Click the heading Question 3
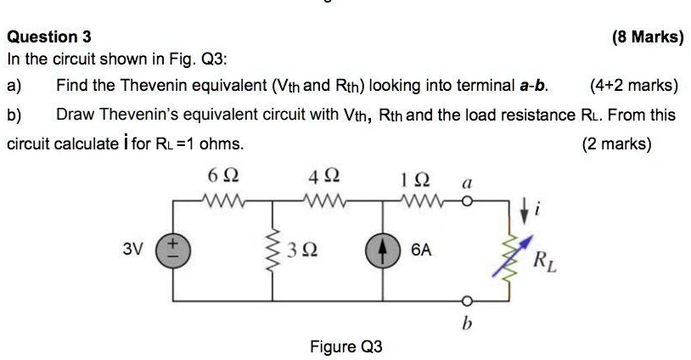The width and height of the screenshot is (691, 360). click(49, 37)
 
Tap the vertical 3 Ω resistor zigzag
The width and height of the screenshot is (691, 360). click(272, 250)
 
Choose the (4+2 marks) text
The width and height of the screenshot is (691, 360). click(633, 86)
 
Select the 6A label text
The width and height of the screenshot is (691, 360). click(422, 251)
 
